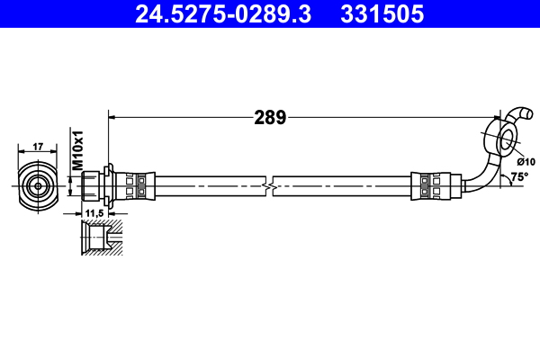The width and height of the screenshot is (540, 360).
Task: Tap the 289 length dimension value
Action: coord(269,117)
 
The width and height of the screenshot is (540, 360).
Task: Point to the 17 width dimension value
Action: coord(38,146)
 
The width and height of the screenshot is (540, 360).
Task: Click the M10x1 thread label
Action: coord(78,152)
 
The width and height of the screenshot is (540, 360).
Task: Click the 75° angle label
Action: coord(519,177)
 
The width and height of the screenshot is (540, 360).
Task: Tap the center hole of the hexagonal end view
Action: coord(38,185)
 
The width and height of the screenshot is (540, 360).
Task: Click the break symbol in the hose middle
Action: coord(266,185)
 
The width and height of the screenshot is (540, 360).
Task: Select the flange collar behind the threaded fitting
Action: coord(108,185)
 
